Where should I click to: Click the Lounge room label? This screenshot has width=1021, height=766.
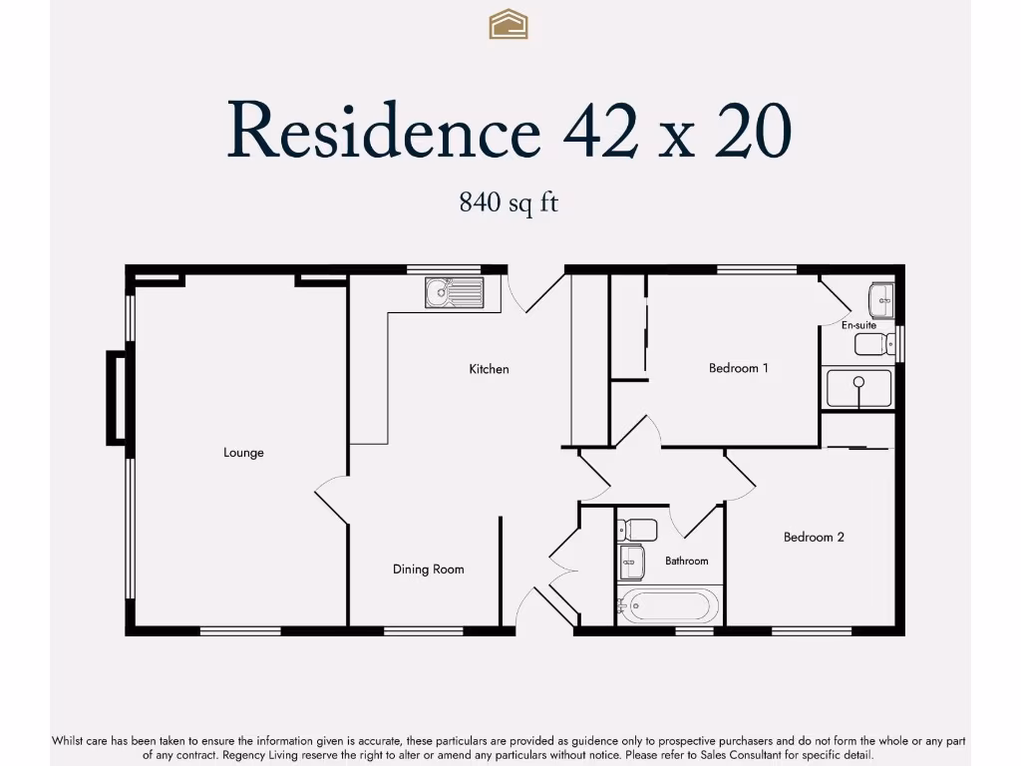click(x=243, y=453)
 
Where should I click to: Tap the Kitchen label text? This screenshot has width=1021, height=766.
click(x=489, y=369)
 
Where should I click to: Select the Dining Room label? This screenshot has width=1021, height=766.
click(x=428, y=570)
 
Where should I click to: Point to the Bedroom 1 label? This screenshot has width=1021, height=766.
click(x=738, y=368)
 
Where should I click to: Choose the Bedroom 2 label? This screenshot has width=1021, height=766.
click(x=814, y=538)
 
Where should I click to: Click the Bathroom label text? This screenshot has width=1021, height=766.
click(x=686, y=562)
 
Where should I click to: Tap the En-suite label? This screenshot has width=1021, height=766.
click(x=858, y=325)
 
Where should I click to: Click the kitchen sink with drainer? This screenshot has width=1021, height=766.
click(x=454, y=292)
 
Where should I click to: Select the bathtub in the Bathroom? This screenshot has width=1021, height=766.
click(x=667, y=605)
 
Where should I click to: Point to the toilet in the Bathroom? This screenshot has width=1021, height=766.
click(x=636, y=529)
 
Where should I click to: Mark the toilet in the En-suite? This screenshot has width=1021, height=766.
click(x=874, y=345)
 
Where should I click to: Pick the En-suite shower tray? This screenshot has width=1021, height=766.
click(x=857, y=389)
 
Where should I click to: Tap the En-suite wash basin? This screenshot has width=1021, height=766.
click(x=881, y=298)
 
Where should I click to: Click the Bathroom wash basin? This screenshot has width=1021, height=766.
click(x=632, y=563)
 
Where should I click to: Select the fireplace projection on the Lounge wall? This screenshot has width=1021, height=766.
click(x=117, y=397)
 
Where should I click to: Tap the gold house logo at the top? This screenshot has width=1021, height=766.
click(x=509, y=24)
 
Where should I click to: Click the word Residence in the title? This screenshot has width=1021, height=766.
click(x=383, y=131)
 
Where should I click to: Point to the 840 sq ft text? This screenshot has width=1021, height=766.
click(x=509, y=202)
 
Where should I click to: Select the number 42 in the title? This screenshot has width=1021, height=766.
click(x=600, y=131)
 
